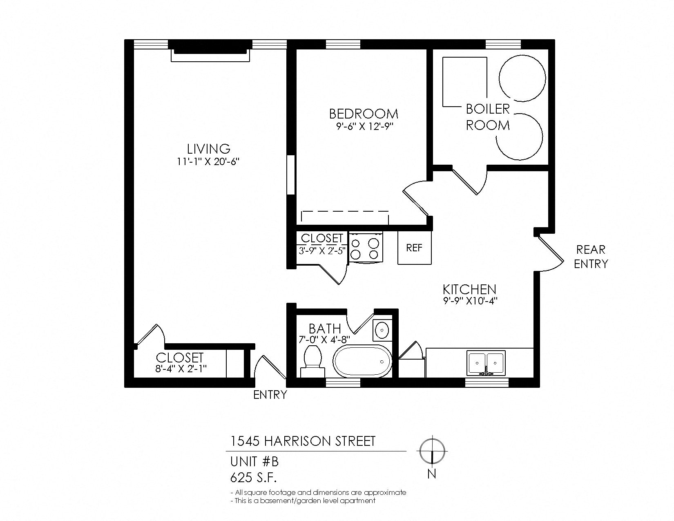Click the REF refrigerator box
414,248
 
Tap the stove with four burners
366,247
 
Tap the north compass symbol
432,451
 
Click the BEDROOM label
364,113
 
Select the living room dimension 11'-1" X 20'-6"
208,162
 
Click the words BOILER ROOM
488,117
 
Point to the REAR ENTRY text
591,256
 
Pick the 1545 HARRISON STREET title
303,441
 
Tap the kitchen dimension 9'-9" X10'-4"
470,301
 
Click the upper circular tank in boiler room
522,78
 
